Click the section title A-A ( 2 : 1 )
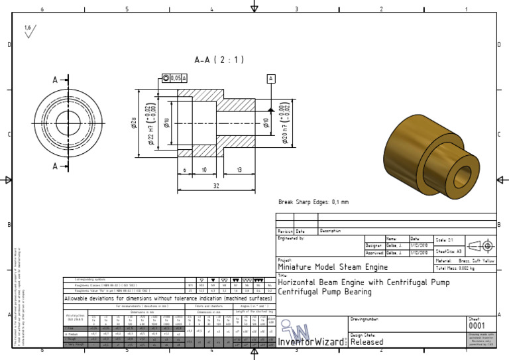219,60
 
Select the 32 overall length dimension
216,186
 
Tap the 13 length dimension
238,170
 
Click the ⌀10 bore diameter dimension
266,122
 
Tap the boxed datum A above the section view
271,78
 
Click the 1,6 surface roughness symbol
30,30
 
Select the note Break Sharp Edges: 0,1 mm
313,202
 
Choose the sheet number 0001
477,326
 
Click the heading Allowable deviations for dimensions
168,299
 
